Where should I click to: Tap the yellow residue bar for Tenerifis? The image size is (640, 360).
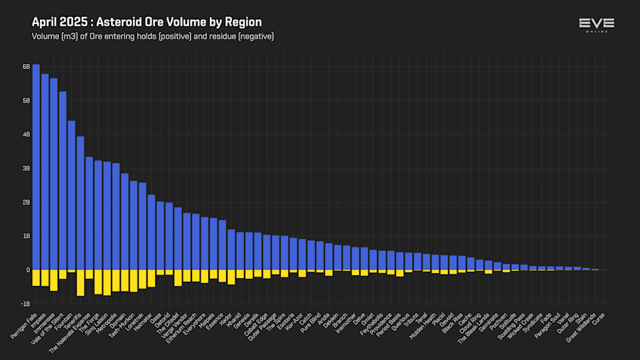(x=80, y=282)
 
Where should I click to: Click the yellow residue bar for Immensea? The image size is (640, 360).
(x=53, y=280)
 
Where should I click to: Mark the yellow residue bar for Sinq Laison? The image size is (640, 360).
(x=107, y=282)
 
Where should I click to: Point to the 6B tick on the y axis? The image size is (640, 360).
(x=26, y=67)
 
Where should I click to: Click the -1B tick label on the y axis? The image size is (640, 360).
(x=25, y=304)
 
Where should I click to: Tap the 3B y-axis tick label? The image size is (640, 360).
(x=26, y=169)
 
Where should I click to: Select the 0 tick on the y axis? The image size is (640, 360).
(x=28, y=270)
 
